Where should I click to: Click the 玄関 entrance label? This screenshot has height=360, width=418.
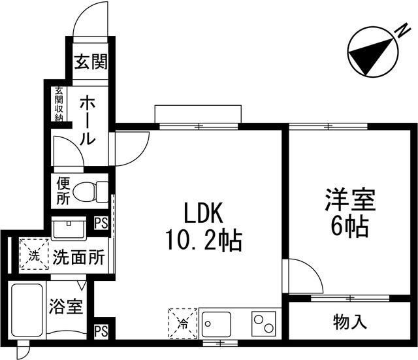(90, 63)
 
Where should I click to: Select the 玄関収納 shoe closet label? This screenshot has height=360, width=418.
(59, 103)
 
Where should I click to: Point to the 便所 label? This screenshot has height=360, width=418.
(62, 191)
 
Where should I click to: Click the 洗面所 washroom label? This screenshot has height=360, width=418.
(78, 257)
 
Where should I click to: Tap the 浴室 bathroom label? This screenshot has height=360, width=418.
(66, 306)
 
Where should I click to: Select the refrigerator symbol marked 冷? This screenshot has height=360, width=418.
(182, 322)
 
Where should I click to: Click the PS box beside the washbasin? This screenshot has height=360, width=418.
(101, 223)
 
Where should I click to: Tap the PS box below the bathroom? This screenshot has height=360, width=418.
(101, 331)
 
